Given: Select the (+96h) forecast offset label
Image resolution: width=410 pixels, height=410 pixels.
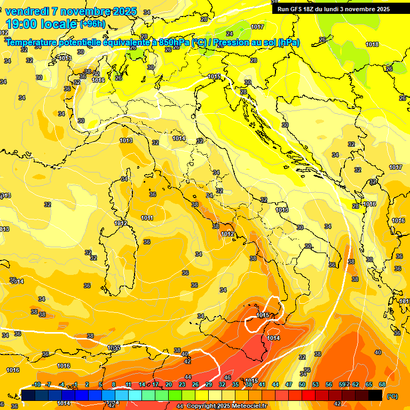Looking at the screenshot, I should pyautogui.click(x=92, y=24).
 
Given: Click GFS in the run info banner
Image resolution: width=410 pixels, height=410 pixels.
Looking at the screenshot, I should pyautogui.click(x=297, y=9).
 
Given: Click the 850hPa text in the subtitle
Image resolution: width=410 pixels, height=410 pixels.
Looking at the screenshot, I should pyautogui.click(x=174, y=43).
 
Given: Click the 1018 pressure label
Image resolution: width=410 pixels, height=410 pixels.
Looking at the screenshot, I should pyautogui.click(x=372, y=45).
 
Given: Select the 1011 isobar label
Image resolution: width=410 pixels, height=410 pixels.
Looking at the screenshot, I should pyautogui.click(x=147, y=218).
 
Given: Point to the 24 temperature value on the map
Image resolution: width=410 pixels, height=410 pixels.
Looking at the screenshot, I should pyautogui.click(x=229, y=34).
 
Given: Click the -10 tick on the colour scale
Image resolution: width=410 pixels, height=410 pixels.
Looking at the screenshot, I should pyautogui.click(x=37, y=385).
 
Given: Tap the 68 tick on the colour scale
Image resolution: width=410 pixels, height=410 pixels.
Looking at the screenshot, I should pyautogui.click(x=382, y=385).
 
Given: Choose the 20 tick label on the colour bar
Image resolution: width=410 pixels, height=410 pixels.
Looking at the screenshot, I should pyautogui.click(x=169, y=385).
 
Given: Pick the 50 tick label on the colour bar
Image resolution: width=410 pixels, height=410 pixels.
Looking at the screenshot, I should pyautogui.click(x=302, y=385).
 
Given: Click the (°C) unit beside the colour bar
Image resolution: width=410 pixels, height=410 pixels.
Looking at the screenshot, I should pyautogui.click(x=392, y=396).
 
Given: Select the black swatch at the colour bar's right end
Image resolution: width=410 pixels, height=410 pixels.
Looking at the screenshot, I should pyautogui.click(x=375, y=395).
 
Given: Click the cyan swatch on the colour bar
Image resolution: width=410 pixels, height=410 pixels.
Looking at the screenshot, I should pyautogui.click(x=135, y=395).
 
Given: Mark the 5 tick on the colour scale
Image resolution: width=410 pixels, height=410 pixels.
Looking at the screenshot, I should pyautogui.click(x=100, y=385).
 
